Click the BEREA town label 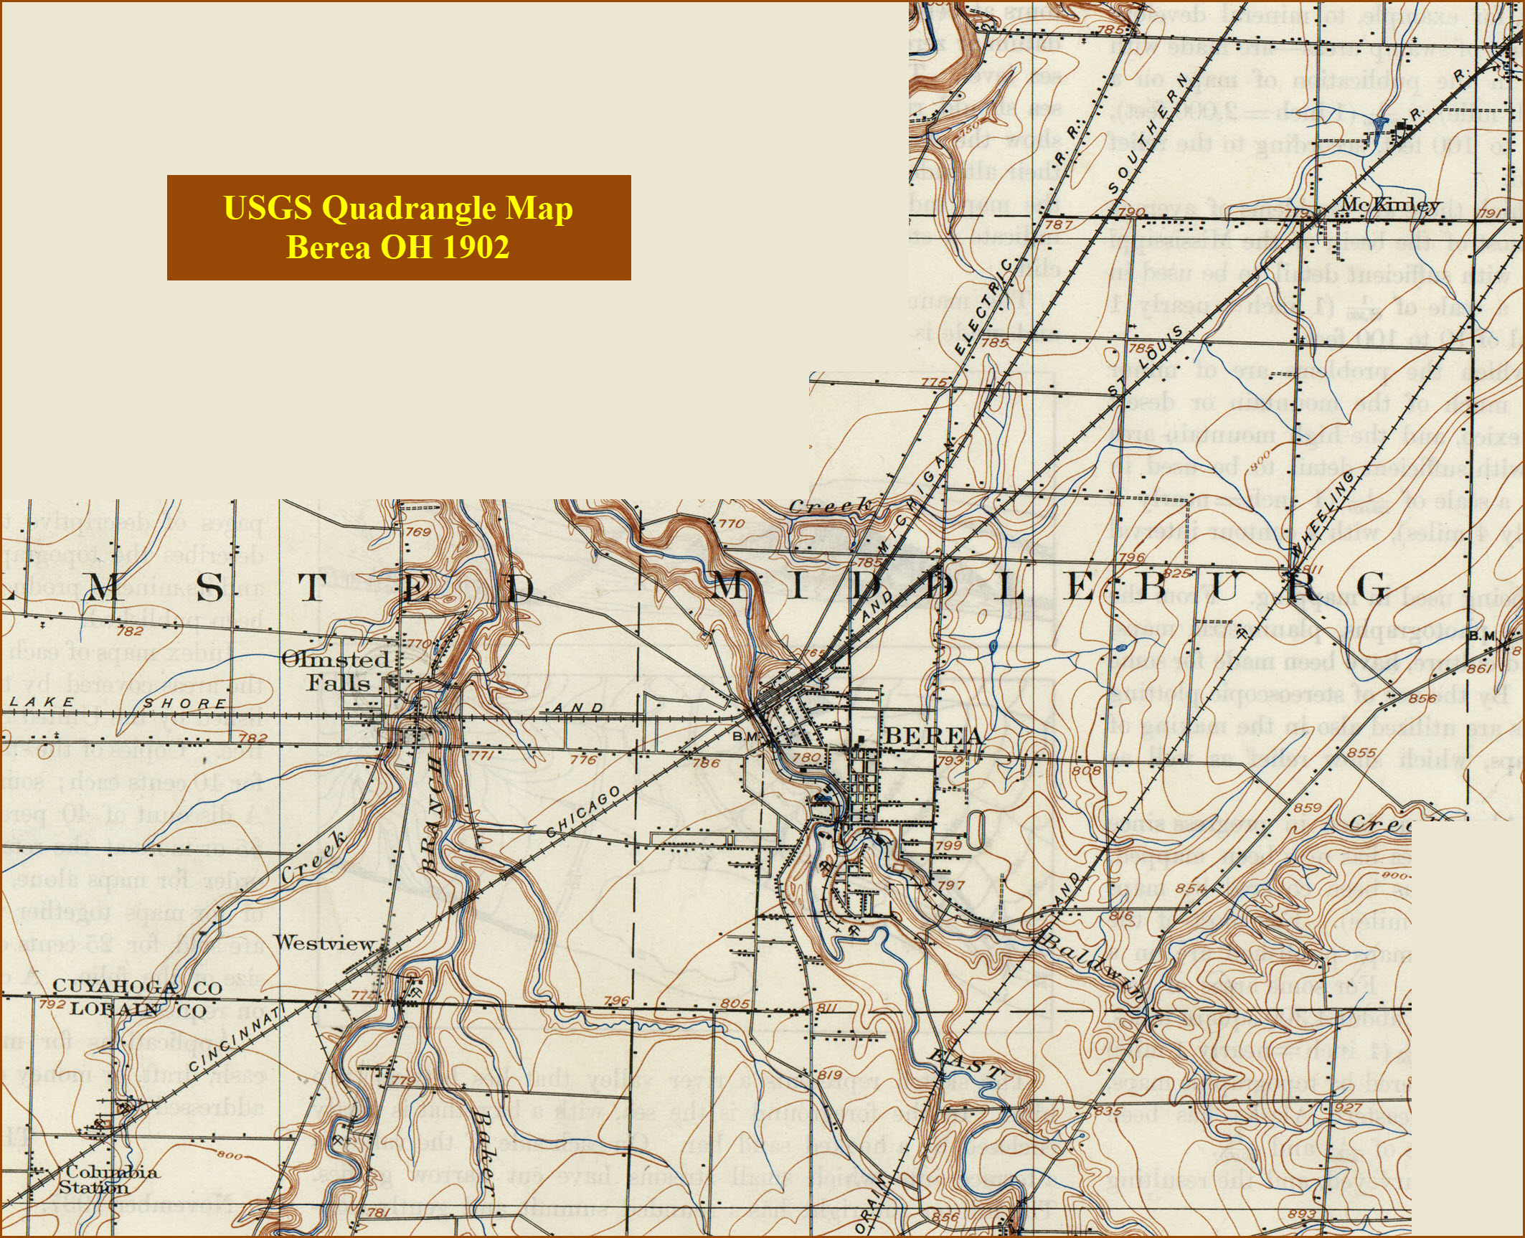[933, 736]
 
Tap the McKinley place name [1389, 204]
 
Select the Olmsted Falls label [336, 670]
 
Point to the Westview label [325, 943]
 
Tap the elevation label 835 [1108, 1112]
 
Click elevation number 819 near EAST [829, 1074]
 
